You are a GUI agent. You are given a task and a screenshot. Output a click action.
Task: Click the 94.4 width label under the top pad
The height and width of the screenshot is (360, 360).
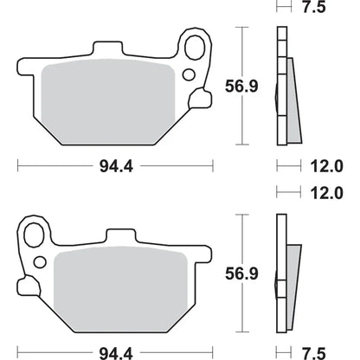coord(116,166)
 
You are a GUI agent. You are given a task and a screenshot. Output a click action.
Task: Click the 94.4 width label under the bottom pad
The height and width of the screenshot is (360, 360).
coord(116,353)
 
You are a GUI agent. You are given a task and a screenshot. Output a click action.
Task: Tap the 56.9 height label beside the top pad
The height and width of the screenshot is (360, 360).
coord(241,87)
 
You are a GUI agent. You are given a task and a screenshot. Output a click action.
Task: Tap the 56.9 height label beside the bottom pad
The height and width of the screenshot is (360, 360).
coord(241,273)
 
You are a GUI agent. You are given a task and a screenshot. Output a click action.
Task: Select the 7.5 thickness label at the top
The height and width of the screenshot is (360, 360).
coord(314,7)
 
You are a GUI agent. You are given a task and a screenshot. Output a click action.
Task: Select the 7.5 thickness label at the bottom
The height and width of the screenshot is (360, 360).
coord(314,353)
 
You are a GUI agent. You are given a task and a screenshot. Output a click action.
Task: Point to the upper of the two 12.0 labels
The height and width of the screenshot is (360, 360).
coord(327,166)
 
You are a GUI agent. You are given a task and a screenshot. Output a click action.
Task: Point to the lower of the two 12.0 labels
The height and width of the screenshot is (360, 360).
coord(327,193)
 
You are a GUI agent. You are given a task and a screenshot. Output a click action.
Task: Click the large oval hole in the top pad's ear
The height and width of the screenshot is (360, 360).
coord(195,48)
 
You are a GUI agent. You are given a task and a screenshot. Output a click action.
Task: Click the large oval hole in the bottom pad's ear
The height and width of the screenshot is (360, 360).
coord(34,235)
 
